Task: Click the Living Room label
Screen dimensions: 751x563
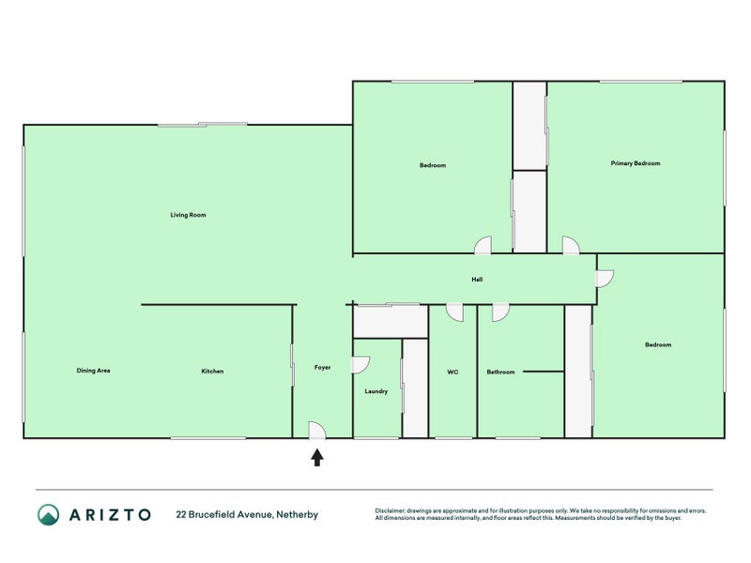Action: (x=189, y=215)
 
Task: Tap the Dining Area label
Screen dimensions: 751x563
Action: (x=93, y=371)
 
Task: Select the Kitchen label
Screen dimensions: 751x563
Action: (x=212, y=371)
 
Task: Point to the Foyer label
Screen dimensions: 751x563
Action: (x=322, y=368)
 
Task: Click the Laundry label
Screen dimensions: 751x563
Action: (x=376, y=391)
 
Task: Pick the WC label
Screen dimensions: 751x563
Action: (x=452, y=372)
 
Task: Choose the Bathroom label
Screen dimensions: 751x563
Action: (x=500, y=372)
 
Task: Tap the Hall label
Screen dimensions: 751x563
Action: (x=477, y=279)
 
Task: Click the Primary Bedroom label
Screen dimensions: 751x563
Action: (x=636, y=163)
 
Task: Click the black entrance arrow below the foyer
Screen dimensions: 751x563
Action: (x=317, y=457)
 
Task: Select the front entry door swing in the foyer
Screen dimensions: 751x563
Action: (x=317, y=430)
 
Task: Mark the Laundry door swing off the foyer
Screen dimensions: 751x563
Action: (x=360, y=364)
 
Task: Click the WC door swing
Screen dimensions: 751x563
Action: (x=454, y=312)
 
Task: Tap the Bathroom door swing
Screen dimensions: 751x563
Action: (x=500, y=312)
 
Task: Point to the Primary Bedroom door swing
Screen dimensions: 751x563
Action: (x=571, y=245)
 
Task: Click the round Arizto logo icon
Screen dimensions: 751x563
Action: (x=49, y=514)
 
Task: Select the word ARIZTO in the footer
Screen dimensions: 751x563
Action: (x=110, y=515)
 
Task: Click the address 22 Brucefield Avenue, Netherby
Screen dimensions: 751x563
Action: (x=247, y=514)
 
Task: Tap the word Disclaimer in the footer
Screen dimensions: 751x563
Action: (x=390, y=510)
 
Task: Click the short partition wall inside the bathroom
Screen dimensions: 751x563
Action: (x=544, y=371)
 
